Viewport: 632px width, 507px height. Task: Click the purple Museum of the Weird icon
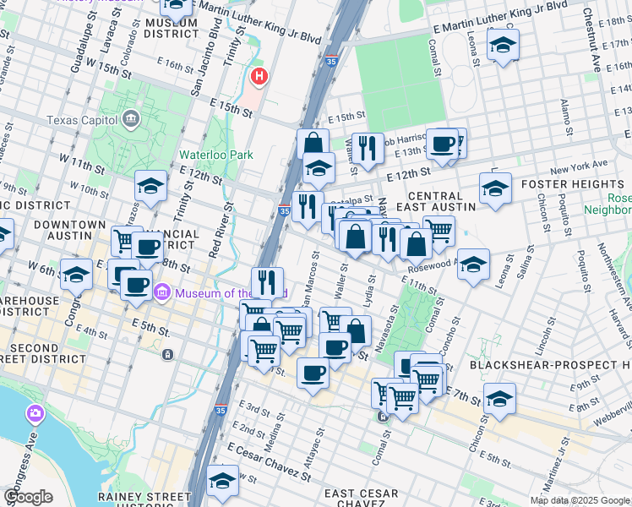click(x=162, y=293)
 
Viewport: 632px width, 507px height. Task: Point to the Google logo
click(x=29, y=496)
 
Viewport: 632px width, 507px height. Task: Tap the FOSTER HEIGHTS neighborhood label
click(x=571, y=184)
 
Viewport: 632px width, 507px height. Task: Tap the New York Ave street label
click(x=584, y=164)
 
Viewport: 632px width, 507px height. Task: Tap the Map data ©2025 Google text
click(x=580, y=500)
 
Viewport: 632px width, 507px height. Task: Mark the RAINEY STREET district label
click(x=157, y=496)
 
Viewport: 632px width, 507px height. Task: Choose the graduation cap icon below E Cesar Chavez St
click(x=222, y=482)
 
